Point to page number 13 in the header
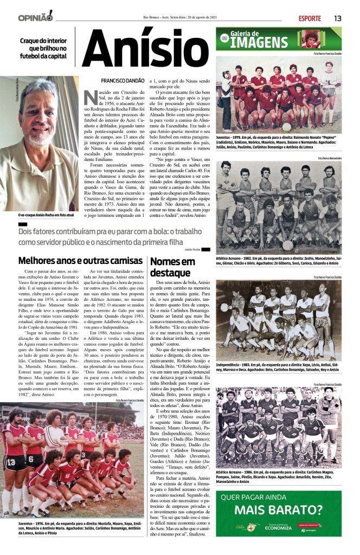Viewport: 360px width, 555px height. pos(337,18)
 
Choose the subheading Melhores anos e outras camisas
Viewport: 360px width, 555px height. pos(80,261)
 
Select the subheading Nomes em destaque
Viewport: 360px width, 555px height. pos(172,267)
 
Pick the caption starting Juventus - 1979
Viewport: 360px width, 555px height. pos(278,140)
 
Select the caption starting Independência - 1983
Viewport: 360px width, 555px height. pos(278,367)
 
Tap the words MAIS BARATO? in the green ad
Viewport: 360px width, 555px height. pos(278,509)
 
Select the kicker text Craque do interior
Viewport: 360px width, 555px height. pos(43,41)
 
